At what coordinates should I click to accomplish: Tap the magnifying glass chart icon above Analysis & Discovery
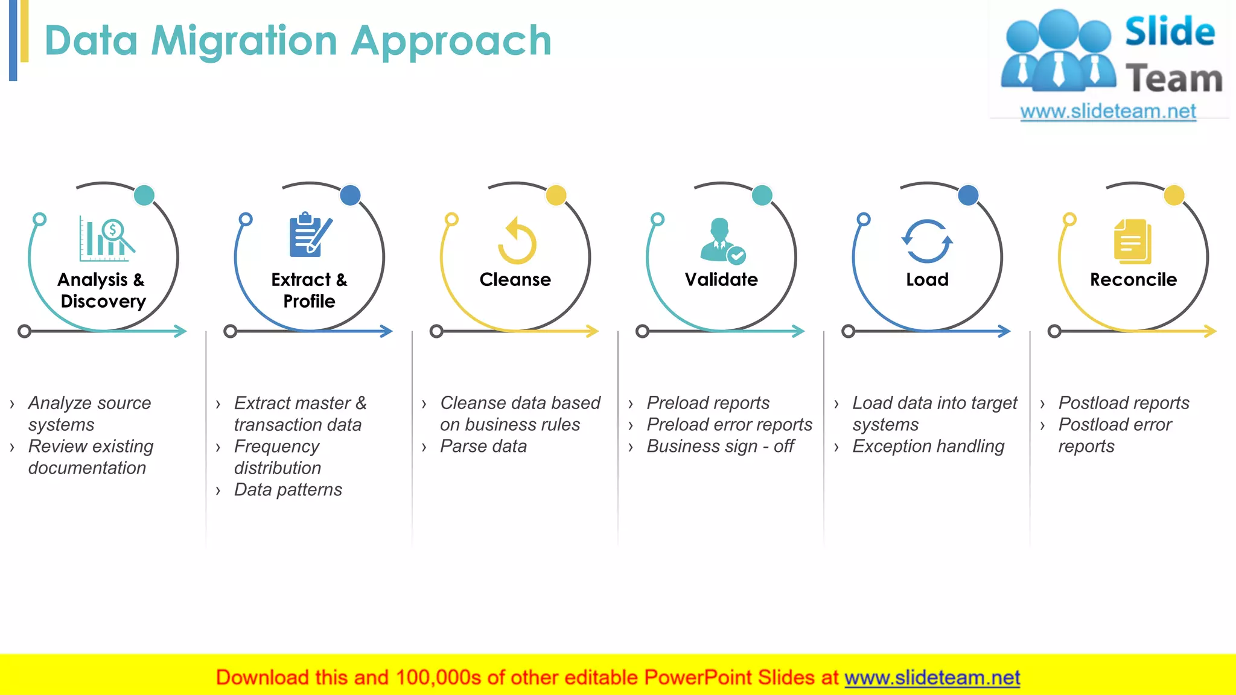107,239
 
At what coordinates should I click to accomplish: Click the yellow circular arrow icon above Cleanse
517,241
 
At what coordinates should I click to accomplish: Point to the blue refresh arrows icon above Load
927,241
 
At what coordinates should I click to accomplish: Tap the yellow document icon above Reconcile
1133,241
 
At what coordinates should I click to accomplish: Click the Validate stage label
721,279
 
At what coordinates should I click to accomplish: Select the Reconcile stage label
1133,279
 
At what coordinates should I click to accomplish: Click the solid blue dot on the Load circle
968,195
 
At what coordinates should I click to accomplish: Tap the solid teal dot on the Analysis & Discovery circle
144,195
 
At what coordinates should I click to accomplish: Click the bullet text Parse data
483,446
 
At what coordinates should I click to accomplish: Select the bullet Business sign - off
720,446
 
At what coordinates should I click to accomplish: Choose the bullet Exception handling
928,446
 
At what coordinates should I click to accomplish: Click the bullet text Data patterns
288,490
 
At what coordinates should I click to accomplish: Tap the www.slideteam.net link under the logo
1107,112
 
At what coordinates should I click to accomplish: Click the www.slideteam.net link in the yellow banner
932,678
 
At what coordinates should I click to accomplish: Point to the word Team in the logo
1173,79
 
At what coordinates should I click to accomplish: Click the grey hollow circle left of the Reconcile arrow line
1054,331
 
